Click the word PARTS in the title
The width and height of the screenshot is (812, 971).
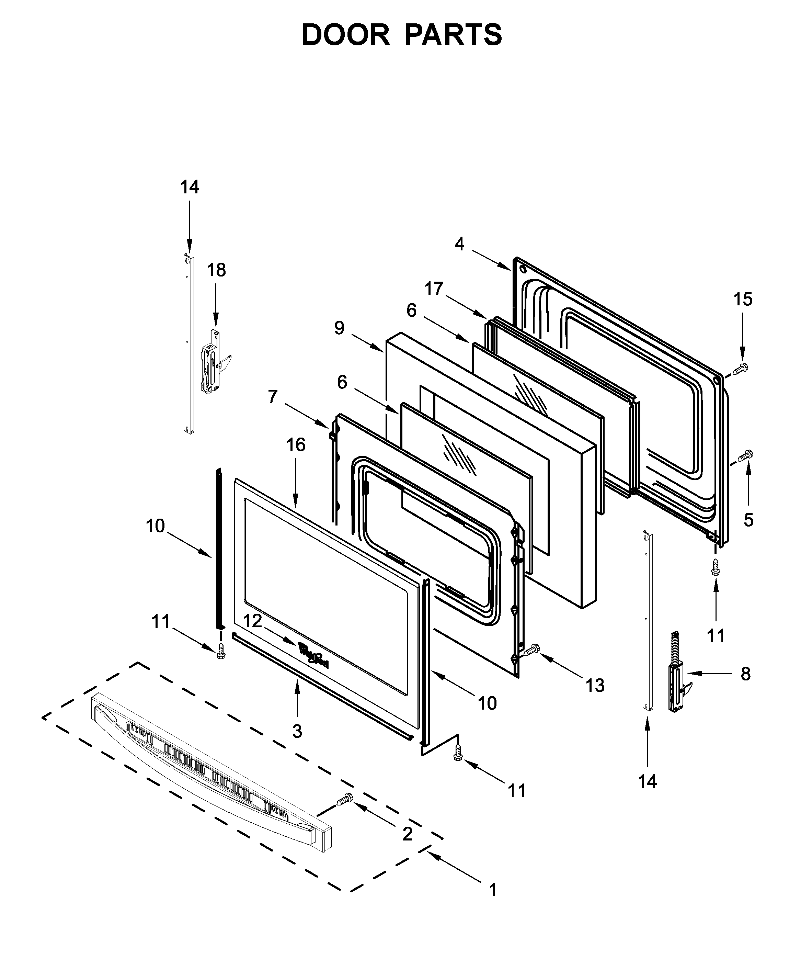pyautogui.click(x=453, y=35)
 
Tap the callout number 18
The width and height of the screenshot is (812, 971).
pyautogui.click(x=216, y=270)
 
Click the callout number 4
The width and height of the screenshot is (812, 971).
pyautogui.click(x=459, y=244)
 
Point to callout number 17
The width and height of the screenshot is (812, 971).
pyautogui.click(x=434, y=289)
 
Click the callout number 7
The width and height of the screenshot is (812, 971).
pyautogui.click(x=273, y=396)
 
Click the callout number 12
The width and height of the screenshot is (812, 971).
pyautogui.click(x=253, y=621)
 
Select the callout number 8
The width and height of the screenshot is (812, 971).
pyautogui.click(x=745, y=674)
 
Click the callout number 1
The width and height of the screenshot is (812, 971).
pyautogui.click(x=493, y=890)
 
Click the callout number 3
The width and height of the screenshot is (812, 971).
pyautogui.click(x=297, y=731)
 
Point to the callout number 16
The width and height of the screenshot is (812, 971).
pyautogui.click(x=296, y=444)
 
